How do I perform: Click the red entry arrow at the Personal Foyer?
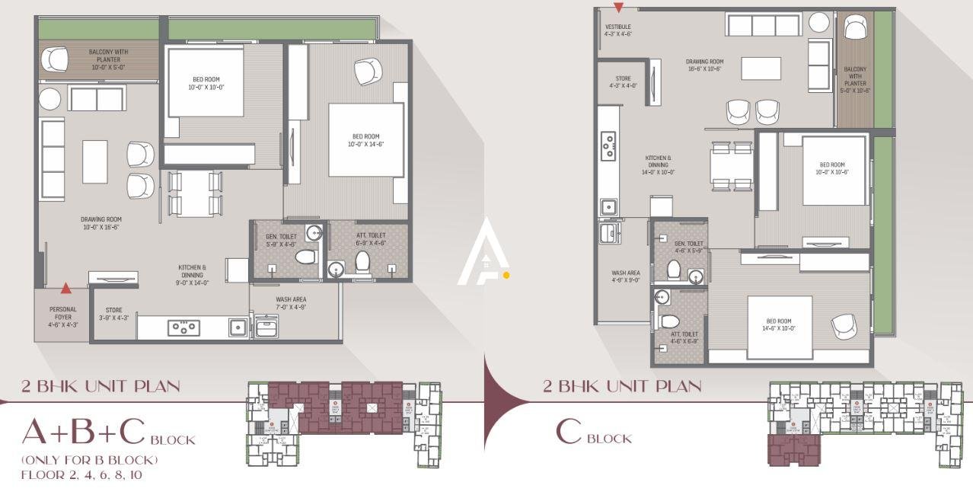(x=66, y=288)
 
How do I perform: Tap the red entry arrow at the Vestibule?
(x=619, y=8)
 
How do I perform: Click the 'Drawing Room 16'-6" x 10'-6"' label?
(x=704, y=65)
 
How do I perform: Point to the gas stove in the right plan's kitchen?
(x=608, y=146)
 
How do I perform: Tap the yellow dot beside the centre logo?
(x=506, y=275)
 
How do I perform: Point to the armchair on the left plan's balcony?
(x=55, y=59)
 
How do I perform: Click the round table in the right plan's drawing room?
(x=818, y=22)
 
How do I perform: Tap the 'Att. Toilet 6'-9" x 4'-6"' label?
(x=371, y=239)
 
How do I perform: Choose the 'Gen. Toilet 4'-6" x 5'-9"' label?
(x=689, y=247)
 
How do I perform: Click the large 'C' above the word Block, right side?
(x=569, y=432)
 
